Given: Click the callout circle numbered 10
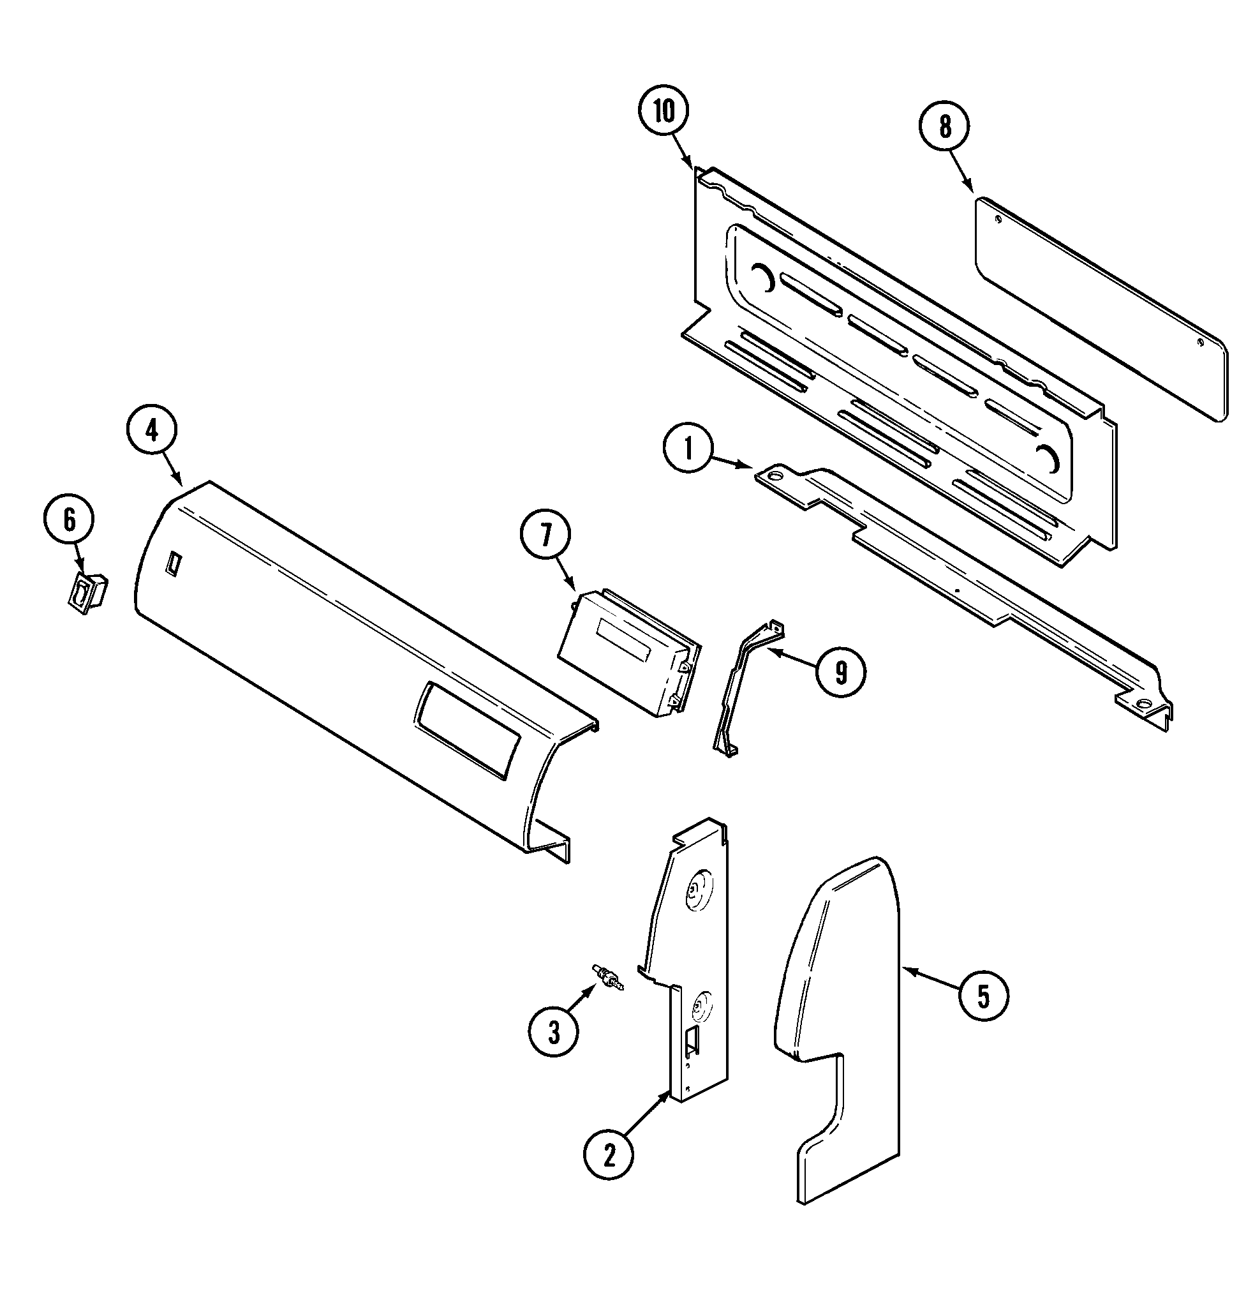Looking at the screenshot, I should click(x=664, y=112).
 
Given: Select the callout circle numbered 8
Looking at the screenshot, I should click(x=944, y=127).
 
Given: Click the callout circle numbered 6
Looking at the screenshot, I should click(x=69, y=520).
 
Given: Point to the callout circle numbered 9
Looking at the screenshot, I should click(x=840, y=673).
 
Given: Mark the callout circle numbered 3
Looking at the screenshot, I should click(x=554, y=1031).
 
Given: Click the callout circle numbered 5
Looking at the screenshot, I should click(x=983, y=995).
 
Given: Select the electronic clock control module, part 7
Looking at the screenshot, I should click(x=627, y=654).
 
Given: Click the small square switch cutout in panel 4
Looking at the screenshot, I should click(x=173, y=560).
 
